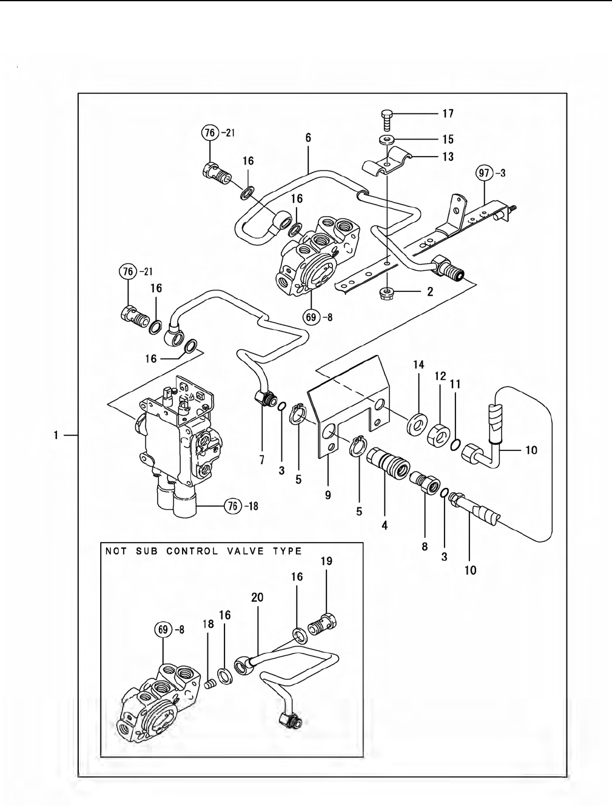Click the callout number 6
tap(308, 138)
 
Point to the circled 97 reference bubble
tap(484, 173)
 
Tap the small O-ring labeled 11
tap(455, 444)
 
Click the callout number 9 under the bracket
tap(328, 495)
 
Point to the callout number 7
tap(261, 459)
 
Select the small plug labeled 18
tap(209, 684)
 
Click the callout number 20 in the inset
tap(257, 597)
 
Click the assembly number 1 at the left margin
tap(56, 435)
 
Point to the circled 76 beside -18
tap(233, 506)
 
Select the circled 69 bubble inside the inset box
tap(163, 630)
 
